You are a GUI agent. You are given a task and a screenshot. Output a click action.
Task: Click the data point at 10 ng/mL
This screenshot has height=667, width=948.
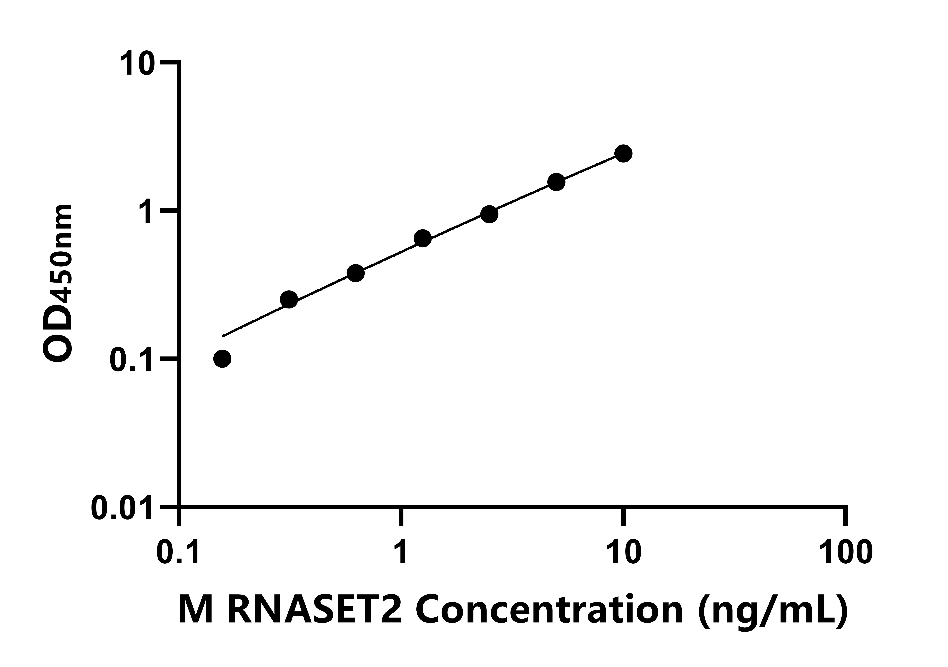[x=623, y=154]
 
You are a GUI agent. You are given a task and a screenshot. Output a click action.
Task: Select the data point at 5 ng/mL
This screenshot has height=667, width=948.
[x=556, y=182]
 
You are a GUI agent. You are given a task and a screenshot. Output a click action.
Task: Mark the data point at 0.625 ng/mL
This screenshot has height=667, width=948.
[x=355, y=273]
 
